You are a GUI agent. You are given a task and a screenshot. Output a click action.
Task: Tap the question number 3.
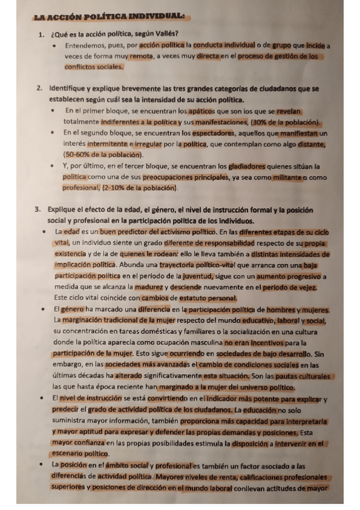click(x=37, y=210)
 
